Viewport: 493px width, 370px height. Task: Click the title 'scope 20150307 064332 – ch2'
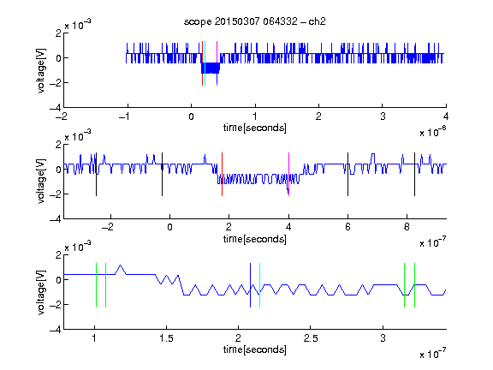pyautogui.click(x=255, y=21)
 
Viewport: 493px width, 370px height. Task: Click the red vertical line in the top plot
pyautogui.click(x=203, y=63)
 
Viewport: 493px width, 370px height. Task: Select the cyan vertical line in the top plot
pyautogui.click(x=205, y=63)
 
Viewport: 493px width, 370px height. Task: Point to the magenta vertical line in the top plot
pyautogui.click(x=217, y=63)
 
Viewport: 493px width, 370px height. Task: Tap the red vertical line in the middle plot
pyautogui.click(x=222, y=175)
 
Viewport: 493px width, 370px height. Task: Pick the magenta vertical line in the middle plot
pyautogui.click(x=288, y=175)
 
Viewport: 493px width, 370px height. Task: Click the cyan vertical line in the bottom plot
pyautogui.click(x=259, y=285)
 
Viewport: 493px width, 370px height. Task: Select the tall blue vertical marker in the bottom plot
pyautogui.click(x=250, y=285)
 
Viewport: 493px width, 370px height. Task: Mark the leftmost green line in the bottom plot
pyautogui.click(x=96, y=285)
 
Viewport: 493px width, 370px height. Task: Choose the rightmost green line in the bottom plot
pyautogui.click(x=415, y=285)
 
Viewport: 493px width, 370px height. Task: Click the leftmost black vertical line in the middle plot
pyautogui.click(x=96, y=175)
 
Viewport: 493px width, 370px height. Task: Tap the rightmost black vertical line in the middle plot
pyautogui.click(x=414, y=175)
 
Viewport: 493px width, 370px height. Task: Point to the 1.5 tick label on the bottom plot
pyautogui.click(x=166, y=338)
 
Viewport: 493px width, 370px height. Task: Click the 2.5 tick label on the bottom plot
pyautogui.click(x=311, y=338)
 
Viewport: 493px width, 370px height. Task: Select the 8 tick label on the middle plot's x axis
pyautogui.click(x=407, y=227)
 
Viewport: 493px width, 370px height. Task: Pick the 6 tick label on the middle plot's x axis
pyautogui.click(x=347, y=227)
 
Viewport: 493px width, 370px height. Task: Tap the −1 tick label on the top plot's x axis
pyautogui.click(x=124, y=116)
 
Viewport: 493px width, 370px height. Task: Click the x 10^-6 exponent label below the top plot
pyautogui.click(x=433, y=132)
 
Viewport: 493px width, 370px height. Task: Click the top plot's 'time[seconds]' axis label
pyautogui.click(x=255, y=128)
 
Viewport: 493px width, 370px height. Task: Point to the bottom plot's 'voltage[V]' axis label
pyautogui.click(x=41, y=292)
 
